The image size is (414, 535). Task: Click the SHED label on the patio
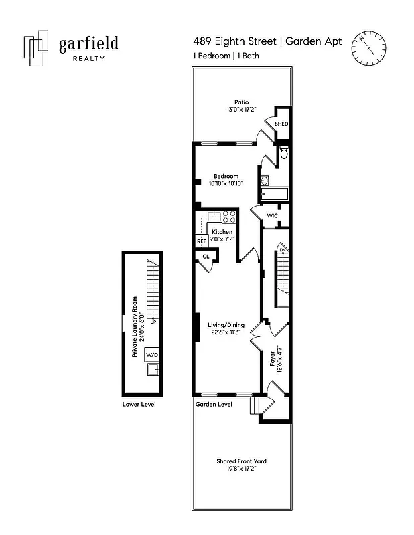[x=281, y=124]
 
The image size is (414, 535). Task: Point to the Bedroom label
[x=226, y=176]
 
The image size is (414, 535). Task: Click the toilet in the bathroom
[x=283, y=154]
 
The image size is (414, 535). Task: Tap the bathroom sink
[x=265, y=180]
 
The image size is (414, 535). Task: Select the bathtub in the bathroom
[x=274, y=195]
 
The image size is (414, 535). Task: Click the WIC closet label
[x=273, y=215]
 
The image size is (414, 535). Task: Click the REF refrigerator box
[x=202, y=241]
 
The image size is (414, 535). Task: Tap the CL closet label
[x=206, y=256]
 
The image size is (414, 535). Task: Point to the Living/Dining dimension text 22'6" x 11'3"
[x=228, y=332]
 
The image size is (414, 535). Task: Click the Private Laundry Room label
[x=135, y=326]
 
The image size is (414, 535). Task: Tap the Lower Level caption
[x=139, y=404]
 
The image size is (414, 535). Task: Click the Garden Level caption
[x=214, y=404]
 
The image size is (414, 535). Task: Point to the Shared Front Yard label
[x=242, y=461]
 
